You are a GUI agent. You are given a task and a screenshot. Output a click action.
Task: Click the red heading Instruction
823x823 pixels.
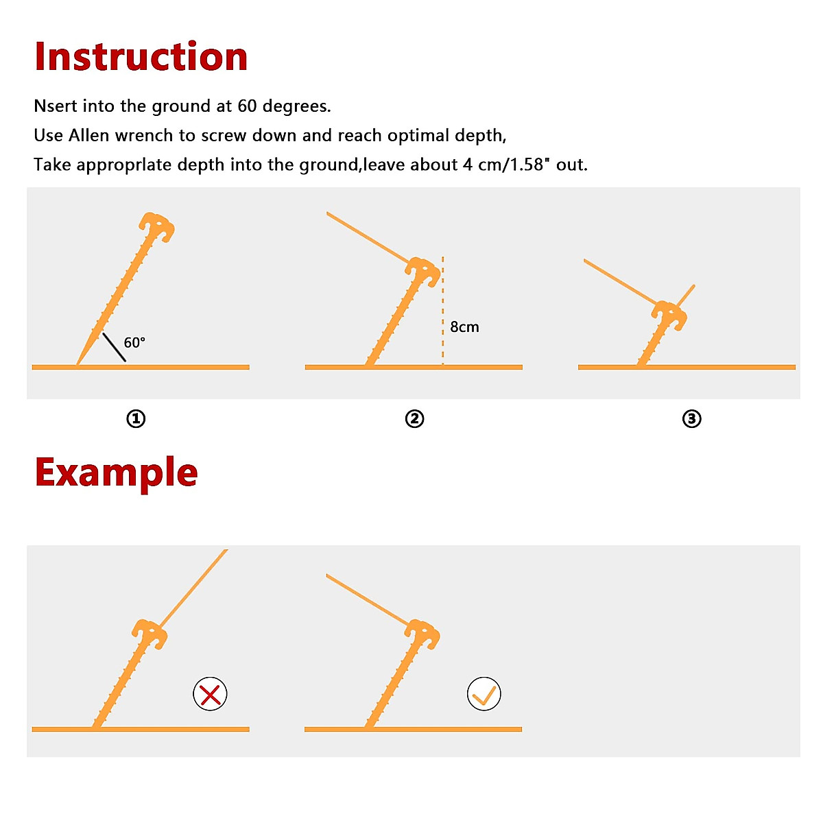point(141,56)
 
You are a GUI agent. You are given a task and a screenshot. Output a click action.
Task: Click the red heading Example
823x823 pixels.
point(116,473)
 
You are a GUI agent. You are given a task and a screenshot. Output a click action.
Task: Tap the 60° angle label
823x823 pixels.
point(134,342)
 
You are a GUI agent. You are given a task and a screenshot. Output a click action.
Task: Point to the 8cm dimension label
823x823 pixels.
point(464,327)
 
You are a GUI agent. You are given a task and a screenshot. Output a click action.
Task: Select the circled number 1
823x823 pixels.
point(136,418)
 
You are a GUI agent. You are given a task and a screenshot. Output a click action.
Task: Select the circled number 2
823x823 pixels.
point(414,418)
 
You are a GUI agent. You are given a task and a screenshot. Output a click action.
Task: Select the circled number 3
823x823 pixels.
point(691,418)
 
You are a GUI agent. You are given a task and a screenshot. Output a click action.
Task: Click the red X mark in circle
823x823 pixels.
point(210,694)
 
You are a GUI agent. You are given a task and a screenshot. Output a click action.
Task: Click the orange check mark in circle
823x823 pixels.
point(484,694)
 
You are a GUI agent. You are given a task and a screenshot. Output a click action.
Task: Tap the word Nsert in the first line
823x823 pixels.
point(56,106)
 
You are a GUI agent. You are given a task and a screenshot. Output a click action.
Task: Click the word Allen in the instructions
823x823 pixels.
point(88,136)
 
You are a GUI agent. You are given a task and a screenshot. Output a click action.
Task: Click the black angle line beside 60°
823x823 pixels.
point(114,347)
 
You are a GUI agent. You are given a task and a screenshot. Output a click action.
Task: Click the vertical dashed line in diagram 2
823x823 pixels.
point(443,309)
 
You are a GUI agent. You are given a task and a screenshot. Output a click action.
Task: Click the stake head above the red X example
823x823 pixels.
point(150,634)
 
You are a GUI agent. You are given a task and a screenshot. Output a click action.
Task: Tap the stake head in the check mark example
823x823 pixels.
point(424,634)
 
